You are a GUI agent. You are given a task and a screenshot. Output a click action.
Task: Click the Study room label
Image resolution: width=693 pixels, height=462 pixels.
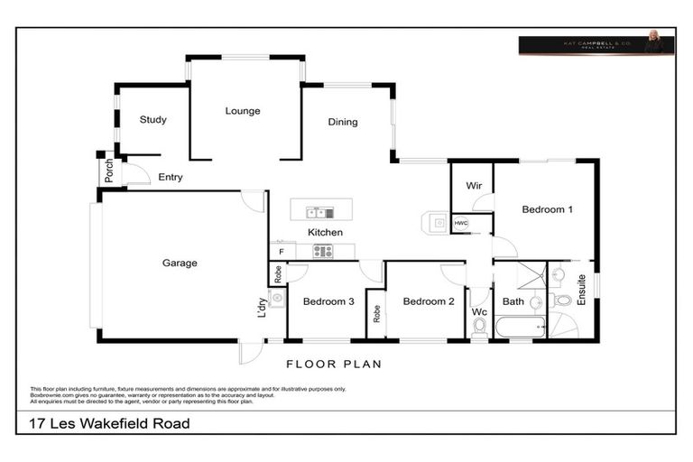[152, 119]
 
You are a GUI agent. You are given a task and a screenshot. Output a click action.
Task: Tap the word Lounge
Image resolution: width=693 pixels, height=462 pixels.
[242, 111]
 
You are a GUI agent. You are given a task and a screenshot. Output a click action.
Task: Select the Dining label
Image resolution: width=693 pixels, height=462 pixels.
[342, 122]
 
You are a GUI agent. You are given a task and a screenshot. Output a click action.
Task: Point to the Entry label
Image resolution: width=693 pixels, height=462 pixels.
[170, 177]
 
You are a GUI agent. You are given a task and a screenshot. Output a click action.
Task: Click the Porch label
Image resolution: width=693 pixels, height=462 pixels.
[109, 171]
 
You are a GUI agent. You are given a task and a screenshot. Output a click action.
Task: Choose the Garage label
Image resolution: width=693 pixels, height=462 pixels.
[180, 263]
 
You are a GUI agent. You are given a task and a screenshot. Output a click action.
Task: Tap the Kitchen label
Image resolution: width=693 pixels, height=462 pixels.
[325, 232]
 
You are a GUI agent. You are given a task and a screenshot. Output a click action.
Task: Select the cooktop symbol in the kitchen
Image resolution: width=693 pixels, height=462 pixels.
[322, 252]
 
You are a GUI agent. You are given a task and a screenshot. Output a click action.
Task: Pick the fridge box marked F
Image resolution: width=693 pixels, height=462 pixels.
[282, 252]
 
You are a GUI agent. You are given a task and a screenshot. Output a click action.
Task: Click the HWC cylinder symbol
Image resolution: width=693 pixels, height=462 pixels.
[460, 223]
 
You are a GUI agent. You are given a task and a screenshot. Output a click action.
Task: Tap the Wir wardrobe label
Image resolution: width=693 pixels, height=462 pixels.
[473, 185]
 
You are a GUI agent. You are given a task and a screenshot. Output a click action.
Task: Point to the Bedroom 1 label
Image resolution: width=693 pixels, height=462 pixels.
[547, 209]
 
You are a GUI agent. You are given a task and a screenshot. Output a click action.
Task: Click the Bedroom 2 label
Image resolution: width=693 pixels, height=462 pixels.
[428, 301]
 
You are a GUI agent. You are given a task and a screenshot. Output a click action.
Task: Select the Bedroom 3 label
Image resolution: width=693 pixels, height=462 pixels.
[328, 301]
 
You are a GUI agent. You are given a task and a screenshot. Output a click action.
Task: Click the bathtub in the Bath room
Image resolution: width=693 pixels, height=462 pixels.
[520, 326]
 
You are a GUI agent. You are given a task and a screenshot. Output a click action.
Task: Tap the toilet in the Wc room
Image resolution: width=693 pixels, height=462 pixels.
[479, 326]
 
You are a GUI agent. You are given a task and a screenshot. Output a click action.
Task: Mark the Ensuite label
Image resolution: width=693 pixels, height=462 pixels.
[581, 290]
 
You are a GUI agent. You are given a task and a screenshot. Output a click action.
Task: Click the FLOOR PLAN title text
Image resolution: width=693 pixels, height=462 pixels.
[334, 365]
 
